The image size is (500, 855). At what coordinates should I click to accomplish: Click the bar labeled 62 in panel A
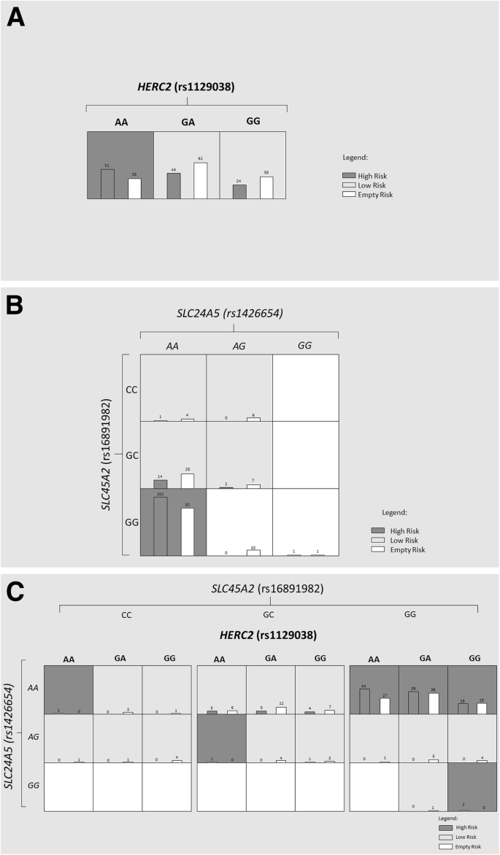click(200, 180)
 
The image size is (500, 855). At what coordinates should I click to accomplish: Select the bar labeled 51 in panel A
click(107, 184)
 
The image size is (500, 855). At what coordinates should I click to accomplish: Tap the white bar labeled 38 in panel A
click(266, 187)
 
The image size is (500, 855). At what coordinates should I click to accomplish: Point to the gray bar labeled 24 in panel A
click(239, 191)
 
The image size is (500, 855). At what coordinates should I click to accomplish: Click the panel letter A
click(15, 18)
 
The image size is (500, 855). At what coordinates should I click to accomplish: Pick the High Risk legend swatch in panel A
click(349, 176)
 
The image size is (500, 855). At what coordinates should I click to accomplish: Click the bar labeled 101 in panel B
click(161, 526)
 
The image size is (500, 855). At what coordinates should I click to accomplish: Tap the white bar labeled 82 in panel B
click(188, 531)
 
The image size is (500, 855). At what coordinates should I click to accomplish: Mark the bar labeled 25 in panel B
click(188, 480)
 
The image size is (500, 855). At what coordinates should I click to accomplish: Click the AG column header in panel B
click(239, 345)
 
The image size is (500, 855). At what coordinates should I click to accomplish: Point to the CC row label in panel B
click(131, 389)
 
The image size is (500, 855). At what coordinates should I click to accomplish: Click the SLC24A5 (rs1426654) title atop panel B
click(239, 314)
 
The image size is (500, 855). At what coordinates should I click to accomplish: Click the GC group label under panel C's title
click(269, 615)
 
